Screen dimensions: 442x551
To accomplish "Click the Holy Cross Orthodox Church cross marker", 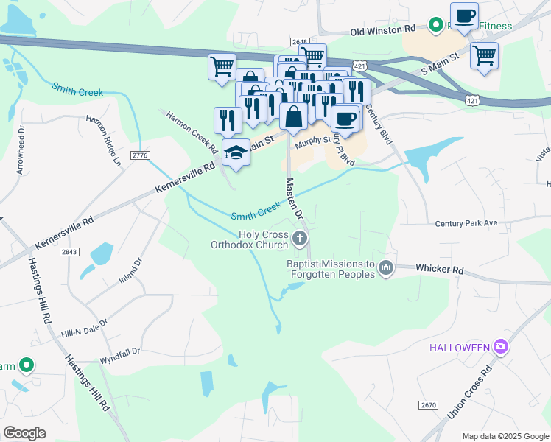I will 299,238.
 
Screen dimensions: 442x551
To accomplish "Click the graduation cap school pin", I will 235,152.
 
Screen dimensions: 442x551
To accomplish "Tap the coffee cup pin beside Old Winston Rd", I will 464,17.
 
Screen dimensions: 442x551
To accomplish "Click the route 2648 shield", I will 299,42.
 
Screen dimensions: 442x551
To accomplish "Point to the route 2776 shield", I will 139,155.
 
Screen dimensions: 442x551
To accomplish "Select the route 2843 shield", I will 70,252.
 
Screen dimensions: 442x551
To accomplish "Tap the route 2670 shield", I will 429,405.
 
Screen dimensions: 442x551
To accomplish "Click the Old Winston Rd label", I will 383,31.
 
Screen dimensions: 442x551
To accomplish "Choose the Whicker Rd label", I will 440,270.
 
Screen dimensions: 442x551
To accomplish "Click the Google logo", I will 24,433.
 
